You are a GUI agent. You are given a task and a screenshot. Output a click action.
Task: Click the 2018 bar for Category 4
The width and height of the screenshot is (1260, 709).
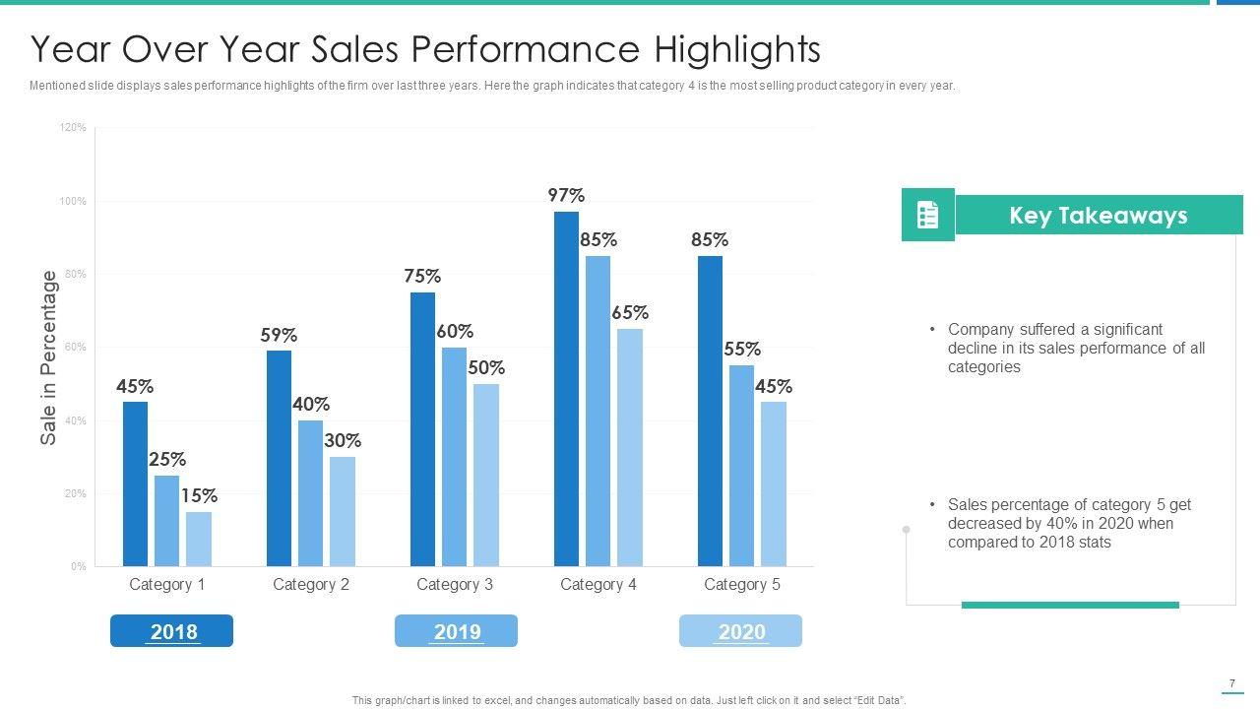(x=566, y=389)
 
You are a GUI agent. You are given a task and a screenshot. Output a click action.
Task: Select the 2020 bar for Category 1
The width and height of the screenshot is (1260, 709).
(x=199, y=539)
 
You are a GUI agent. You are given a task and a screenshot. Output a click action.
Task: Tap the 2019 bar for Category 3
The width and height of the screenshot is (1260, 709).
(x=454, y=457)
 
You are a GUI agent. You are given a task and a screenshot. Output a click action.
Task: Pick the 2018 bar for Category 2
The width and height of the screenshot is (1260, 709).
(x=279, y=458)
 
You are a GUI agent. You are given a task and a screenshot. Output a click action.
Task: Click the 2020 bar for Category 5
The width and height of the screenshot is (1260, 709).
(x=774, y=483)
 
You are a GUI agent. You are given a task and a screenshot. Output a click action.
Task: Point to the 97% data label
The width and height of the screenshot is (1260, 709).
(x=566, y=195)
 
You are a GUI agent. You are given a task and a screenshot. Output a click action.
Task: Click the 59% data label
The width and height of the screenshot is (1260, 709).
(x=279, y=335)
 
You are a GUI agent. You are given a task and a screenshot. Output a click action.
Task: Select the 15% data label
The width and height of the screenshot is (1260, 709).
(x=199, y=495)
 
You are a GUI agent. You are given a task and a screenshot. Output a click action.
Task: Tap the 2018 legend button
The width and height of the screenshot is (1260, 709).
(x=172, y=631)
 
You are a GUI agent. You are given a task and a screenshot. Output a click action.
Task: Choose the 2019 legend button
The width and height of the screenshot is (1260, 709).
(x=456, y=631)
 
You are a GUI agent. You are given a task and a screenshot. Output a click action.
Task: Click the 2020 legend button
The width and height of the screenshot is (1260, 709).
(x=740, y=631)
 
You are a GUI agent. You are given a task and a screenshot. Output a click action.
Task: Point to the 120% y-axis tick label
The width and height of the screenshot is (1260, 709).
(x=74, y=128)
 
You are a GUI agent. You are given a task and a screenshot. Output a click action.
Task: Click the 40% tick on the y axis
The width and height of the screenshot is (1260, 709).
(x=76, y=420)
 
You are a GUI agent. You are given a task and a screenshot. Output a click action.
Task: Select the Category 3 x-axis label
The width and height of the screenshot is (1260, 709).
(x=454, y=584)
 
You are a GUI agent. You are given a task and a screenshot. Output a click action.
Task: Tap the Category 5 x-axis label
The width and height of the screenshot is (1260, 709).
(x=741, y=584)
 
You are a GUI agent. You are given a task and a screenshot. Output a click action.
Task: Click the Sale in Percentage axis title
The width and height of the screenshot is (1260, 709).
(x=49, y=358)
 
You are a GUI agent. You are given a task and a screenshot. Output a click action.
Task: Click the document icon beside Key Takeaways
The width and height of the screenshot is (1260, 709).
(x=927, y=215)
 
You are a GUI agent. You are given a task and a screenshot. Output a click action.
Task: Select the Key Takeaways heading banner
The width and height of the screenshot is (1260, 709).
(x=1099, y=215)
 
